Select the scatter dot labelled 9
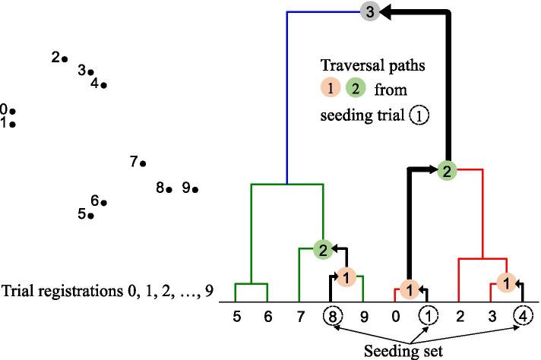(195, 189)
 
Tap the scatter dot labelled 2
(65, 59)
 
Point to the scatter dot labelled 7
(143, 163)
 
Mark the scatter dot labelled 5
(90, 216)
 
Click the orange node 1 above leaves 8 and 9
(345, 278)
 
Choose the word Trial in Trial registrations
(18, 292)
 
